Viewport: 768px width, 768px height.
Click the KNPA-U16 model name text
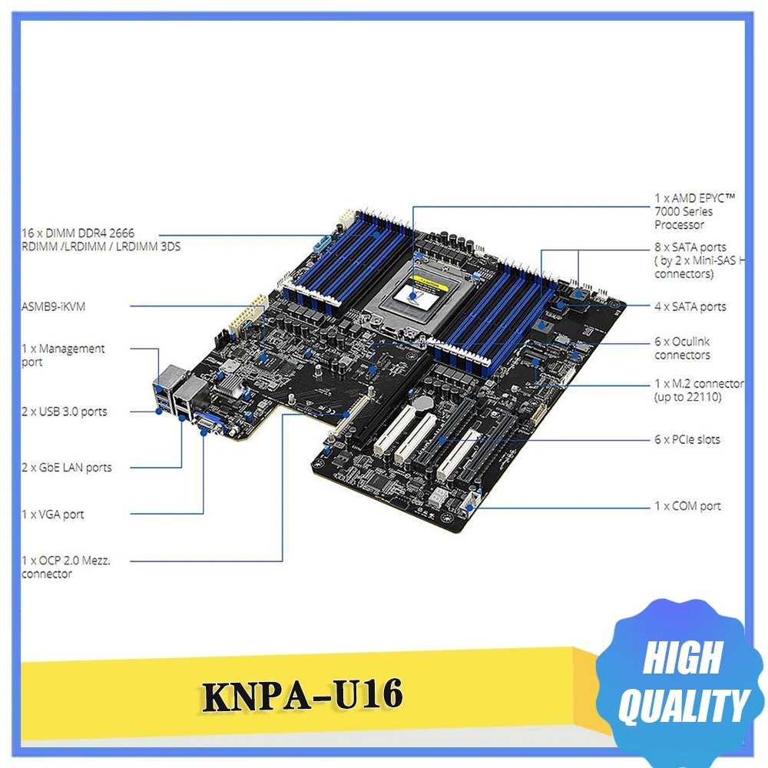(302, 696)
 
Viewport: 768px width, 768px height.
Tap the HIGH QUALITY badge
(682, 683)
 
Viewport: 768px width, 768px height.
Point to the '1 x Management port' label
(63, 355)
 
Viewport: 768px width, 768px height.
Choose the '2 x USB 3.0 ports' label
(64, 412)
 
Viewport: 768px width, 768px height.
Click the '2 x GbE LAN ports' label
(66, 467)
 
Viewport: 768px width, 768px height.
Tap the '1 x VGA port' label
(52, 515)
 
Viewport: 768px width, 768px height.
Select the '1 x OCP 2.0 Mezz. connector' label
(66, 567)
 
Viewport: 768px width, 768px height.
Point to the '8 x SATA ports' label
(696, 260)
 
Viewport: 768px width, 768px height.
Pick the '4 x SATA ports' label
(690, 306)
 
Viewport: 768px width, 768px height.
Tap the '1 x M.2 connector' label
(697, 389)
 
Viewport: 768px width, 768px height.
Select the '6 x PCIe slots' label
(687, 439)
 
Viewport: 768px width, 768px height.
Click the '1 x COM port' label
(687, 506)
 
